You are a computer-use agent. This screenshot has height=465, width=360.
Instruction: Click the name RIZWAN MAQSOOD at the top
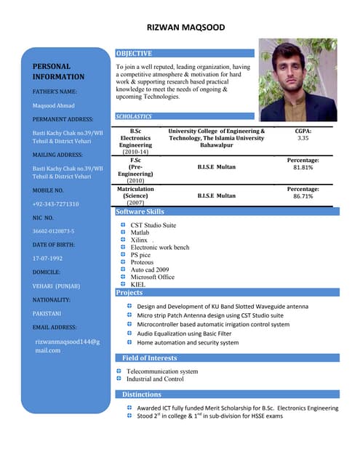coord(185,28)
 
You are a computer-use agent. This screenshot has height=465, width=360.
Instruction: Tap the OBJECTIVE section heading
coord(135,53)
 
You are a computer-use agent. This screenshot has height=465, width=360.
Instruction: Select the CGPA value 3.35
coord(303,137)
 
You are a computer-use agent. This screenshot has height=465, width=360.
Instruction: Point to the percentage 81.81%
coord(303,167)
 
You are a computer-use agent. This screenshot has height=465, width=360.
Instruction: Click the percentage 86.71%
coord(303,196)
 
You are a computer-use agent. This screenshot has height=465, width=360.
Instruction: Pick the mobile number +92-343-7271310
coord(55,204)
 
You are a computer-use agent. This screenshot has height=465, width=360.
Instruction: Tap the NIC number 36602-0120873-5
coord(53,231)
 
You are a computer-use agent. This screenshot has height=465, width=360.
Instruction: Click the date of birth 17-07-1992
coord(47,258)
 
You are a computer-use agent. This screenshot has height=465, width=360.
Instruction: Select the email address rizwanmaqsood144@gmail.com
coord(67,345)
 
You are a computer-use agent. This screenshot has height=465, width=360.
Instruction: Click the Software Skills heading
coord(140,212)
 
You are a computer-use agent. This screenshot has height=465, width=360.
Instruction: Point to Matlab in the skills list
coord(140,232)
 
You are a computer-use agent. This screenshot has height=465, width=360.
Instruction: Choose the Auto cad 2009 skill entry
coord(149,270)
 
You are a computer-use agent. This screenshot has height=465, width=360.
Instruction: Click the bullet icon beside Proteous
coord(123,262)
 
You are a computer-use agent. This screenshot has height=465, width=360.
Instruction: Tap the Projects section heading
coord(129,293)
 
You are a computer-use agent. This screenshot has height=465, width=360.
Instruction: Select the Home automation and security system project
coord(188,342)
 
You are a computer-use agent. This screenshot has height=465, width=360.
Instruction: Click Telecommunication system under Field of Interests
coord(161,371)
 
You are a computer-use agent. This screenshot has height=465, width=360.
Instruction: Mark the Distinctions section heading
coord(142,395)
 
